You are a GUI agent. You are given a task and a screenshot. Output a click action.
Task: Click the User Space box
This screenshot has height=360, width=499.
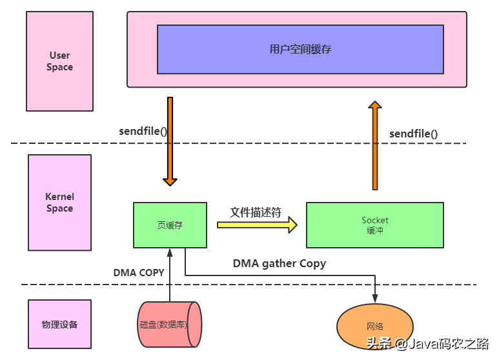coord(59,61)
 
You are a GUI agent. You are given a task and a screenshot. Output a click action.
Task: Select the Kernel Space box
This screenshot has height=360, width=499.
coord(59,203)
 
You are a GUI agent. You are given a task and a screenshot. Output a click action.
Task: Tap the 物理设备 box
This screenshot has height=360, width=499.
coord(59,325)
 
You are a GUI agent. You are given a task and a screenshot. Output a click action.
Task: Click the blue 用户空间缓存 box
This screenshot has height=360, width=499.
coord(300,49)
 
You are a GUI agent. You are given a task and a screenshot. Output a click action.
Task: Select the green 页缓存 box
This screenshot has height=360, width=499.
coord(170,225)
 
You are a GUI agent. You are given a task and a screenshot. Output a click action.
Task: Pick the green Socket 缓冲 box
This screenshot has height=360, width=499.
coord(374,225)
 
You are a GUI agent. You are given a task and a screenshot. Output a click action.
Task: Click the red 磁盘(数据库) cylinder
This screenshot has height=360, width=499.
coord(170,325)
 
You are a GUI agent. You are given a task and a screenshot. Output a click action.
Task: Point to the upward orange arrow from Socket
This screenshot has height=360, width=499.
coord(374,145)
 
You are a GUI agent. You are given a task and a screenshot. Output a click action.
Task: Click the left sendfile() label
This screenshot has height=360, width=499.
coord(143,131)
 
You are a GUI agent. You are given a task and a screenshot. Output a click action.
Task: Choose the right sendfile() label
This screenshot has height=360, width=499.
coord(413,134)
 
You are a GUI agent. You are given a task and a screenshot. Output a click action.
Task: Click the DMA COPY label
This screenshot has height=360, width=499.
coord(139,273)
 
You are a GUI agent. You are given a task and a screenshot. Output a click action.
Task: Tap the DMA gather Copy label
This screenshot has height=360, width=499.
coord(279,263)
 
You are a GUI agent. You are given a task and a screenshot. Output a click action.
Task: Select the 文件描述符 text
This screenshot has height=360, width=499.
coord(256,212)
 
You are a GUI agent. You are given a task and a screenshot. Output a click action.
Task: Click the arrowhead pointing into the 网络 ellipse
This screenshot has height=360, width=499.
coord(374,299)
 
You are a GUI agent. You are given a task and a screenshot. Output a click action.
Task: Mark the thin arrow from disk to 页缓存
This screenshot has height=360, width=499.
coord(170,277)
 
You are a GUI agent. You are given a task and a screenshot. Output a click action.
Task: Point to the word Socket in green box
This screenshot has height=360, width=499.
coord(374,221)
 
